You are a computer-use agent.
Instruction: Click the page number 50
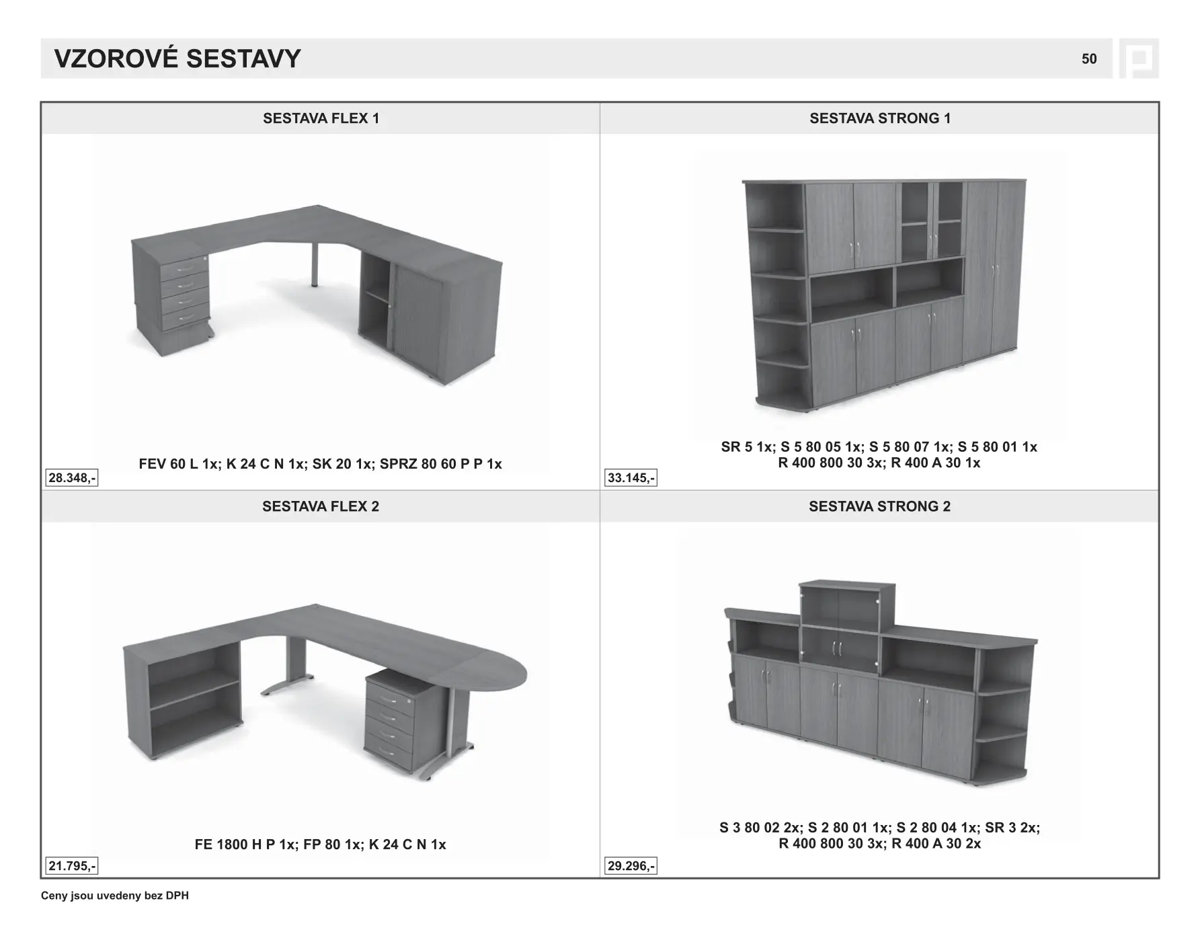click(x=1088, y=59)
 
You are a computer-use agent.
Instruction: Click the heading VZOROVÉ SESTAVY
click(x=177, y=59)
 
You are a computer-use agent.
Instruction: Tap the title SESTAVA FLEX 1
click(x=321, y=118)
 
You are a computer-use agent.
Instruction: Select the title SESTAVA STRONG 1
click(x=879, y=118)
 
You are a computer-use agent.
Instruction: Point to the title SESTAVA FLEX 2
click(x=321, y=506)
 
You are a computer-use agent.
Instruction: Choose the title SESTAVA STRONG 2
click(x=879, y=506)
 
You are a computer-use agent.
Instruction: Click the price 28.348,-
click(x=72, y=478)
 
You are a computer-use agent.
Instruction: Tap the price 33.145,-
click(x=631, y=478)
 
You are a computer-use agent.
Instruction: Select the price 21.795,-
click(x=72, y=866)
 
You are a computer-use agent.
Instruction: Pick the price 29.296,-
click(x=631, y=866)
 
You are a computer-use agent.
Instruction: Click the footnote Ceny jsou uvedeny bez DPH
click(x=115, y=896)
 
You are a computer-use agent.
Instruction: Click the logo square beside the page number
click(x=1139, y=58)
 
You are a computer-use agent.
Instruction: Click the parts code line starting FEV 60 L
click(x=320, y=464)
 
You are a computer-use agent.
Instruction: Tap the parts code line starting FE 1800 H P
click(x=320, y=845)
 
